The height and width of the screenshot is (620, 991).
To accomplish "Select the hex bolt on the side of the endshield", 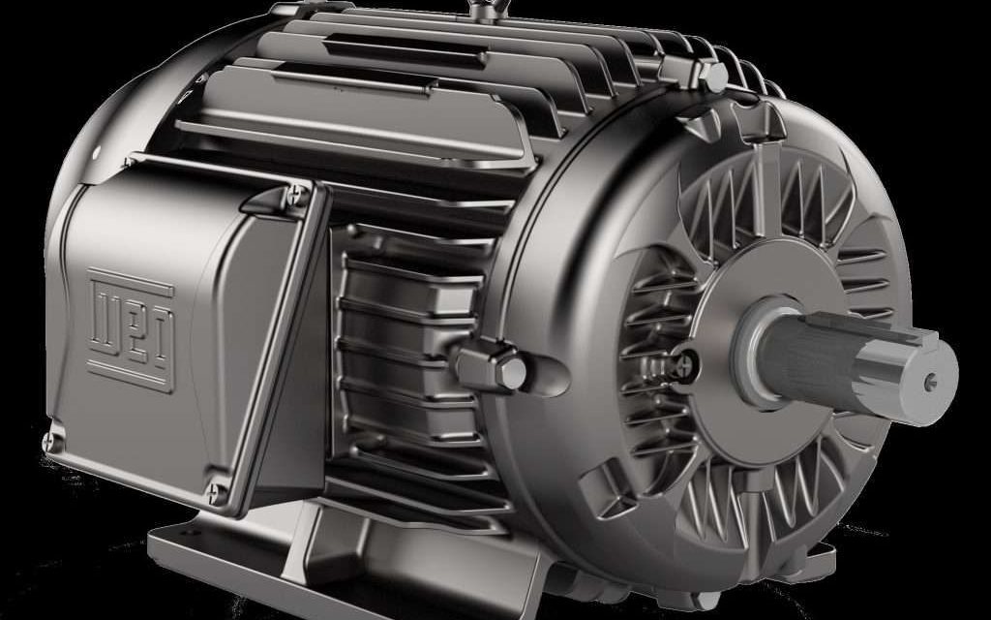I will pyautogui.click(x=506, y=367).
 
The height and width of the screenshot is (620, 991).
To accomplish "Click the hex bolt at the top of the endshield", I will pyautogui.click(x=710, y=76).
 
